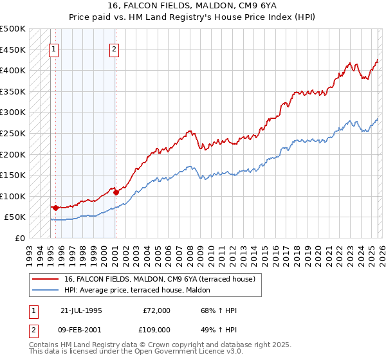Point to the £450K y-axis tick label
click(13, 50)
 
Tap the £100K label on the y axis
click(13, 196)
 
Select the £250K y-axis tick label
click(13, 133)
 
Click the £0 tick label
click(19, 239)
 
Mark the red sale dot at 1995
click(55, 208)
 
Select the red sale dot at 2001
click(116, 192)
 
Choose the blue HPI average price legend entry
click(142, 290)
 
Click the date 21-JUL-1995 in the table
click(81, 310)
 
